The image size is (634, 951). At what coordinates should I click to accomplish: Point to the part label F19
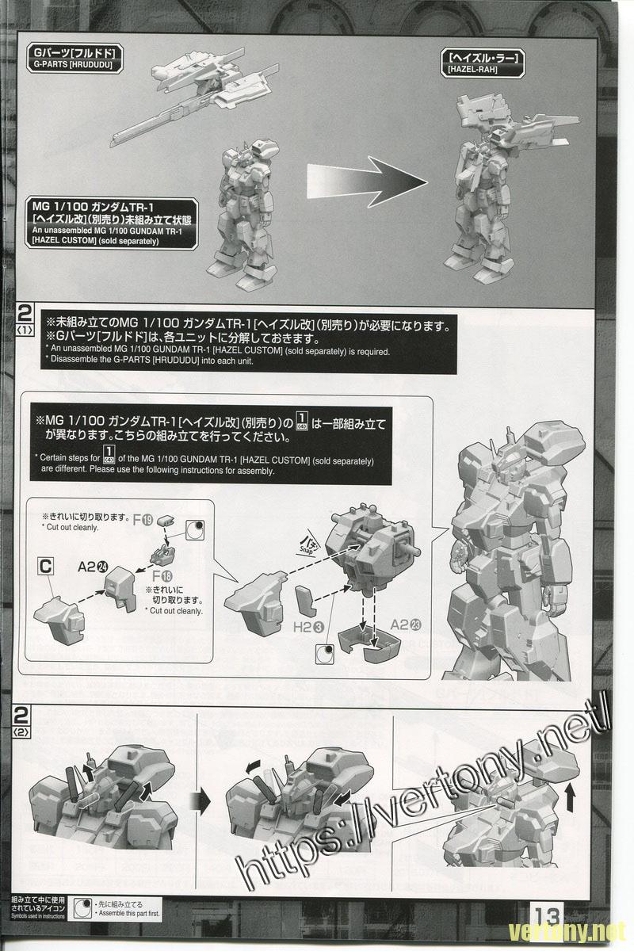pyautogui.click(x=142, y=520)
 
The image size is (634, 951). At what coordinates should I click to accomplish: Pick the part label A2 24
pyautogui.click(x=93, y=567)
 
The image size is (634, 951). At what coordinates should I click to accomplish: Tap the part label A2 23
pyautogui.click(x=405, y=624)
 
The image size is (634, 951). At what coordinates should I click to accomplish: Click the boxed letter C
pyautogui.click(x=46, y=566)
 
